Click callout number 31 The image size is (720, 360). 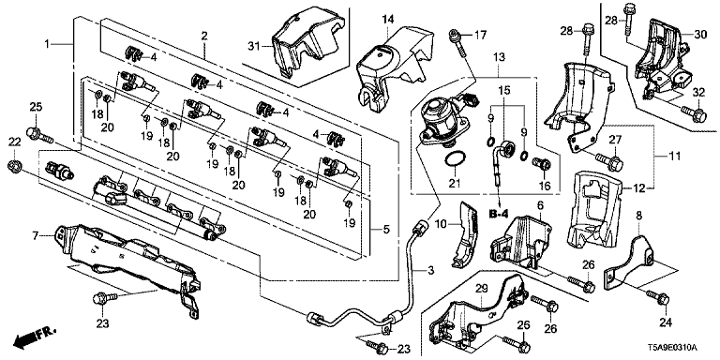pos(254,46)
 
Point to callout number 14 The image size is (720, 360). pos(388,20)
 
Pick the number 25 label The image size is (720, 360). pos(36,107)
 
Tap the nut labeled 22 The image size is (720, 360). pos(15,166)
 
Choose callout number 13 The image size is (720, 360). pos(499,57)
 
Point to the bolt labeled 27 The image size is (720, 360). pos(609,161)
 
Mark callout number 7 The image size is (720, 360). pos(35,236)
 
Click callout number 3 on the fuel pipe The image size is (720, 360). pos(430,271)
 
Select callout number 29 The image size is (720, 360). pos(481,290)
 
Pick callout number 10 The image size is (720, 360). pos(441,224)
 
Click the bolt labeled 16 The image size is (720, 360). pos(542,163)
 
